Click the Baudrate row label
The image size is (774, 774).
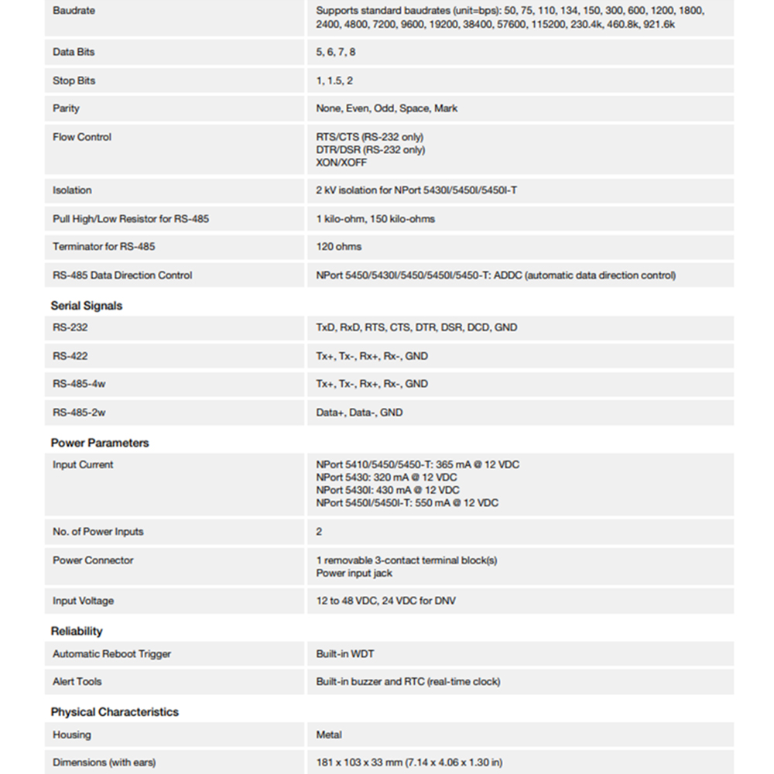coord(74,12)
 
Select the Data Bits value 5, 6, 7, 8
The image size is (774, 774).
coord(336,52)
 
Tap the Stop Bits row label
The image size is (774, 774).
coord(74,80)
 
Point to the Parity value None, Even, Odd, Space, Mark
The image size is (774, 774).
coord(386,108)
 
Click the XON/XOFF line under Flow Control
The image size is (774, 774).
coord(341,163)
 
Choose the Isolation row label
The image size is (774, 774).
coord(72,190)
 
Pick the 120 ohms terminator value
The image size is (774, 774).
coord(339,247)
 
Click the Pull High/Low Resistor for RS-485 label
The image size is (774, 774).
coord(131,219)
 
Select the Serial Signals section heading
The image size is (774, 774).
coord(87,306)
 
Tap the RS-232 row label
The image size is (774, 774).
coord(70,327)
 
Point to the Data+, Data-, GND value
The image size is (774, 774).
coord(359,413)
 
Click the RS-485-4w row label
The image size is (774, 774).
coord(79,384)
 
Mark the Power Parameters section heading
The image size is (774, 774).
coord(100,443)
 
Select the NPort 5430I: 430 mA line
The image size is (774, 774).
coord(387,490)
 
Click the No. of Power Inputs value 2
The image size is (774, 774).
coord(319,532)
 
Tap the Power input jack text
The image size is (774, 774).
coord(354,573)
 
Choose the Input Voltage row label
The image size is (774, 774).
coord(83,601)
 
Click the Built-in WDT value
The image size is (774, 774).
coord(344,654)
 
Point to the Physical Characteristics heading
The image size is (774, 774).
coord(115,712)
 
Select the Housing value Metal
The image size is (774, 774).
coord(329,735)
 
